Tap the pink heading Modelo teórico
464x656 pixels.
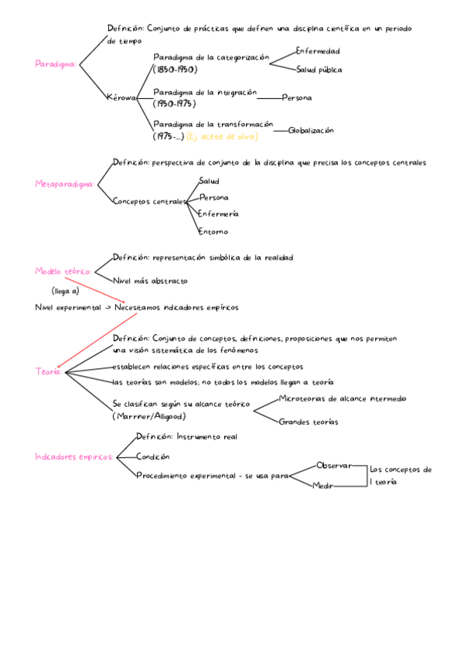(63, 272)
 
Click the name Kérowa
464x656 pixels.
(122, 98)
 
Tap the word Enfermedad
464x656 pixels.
(317, 51)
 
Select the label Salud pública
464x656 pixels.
(319, 70)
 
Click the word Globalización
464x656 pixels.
(311, 131)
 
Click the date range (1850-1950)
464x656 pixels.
(174, 70)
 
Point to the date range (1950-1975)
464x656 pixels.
(174, 104)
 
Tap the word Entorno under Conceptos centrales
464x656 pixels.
(213, 231)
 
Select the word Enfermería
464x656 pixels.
(218, 214)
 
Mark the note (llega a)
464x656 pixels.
(66, 292)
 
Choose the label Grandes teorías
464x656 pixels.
(308, 422)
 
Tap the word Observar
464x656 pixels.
(333, 466)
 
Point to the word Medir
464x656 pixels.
(322, 487)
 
